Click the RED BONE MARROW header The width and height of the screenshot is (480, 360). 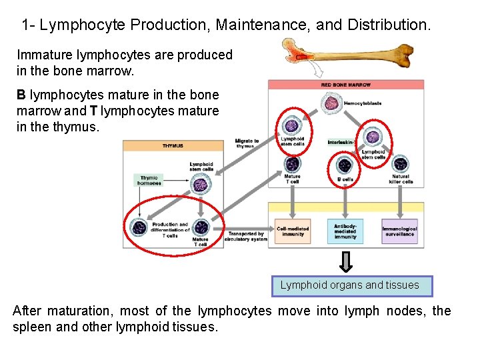345,85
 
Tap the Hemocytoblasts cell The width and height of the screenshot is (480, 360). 331,103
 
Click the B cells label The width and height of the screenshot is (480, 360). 345,179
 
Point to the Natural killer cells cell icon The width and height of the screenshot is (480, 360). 400,164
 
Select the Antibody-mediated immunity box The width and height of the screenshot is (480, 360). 345,231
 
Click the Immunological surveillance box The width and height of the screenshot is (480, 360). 399,231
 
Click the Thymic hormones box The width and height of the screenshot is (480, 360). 149,180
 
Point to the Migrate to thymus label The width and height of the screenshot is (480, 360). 247,143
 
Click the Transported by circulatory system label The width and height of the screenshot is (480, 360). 247,236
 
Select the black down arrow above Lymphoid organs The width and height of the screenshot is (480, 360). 345,261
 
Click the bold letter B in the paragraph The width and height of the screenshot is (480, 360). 21,95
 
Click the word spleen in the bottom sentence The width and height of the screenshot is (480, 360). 31,327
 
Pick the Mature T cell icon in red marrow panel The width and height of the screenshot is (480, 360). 292,164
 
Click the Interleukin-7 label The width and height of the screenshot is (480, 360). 341,142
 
